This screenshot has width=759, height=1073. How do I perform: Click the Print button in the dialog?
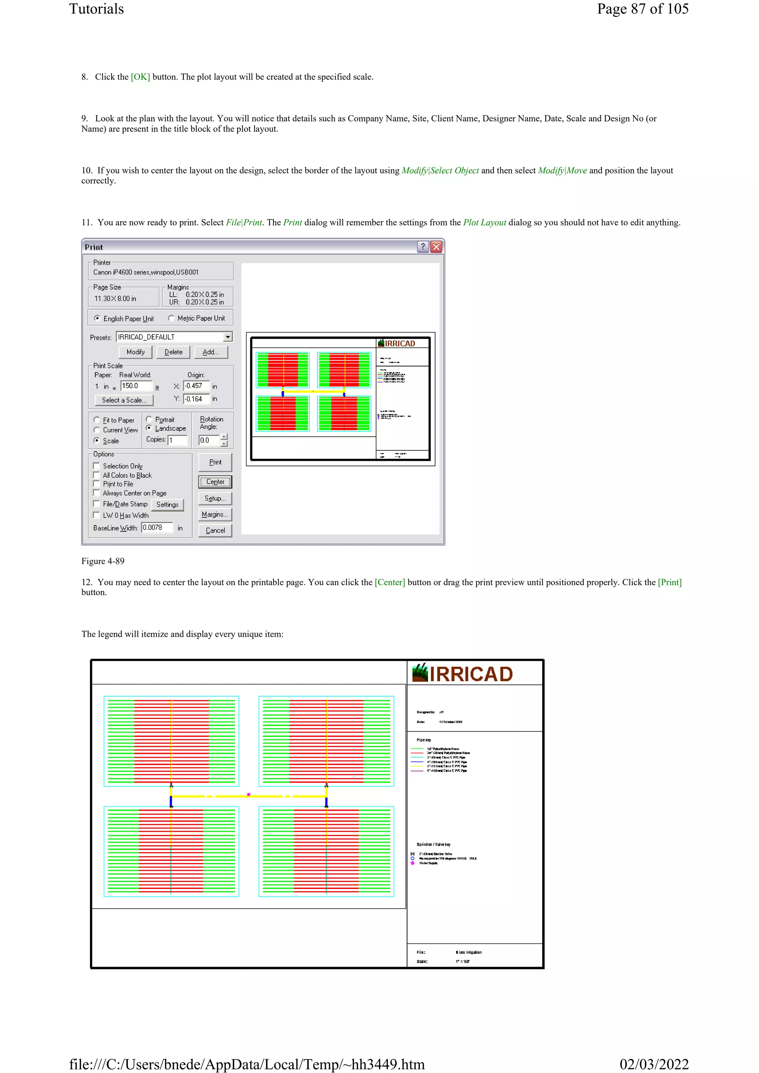coord(215,462)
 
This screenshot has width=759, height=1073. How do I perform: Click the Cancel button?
coord(215,530)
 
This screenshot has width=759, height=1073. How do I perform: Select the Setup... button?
coord(215,499)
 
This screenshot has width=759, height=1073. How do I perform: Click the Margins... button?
coord(215,514)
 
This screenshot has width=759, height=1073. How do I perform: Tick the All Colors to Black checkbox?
coord(97,475)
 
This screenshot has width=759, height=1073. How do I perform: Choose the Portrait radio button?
coord(149,419)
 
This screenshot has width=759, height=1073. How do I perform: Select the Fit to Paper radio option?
coord(97,420)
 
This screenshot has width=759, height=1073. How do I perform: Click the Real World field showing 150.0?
coord(136,386)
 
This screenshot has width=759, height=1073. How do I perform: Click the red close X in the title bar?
coord(436,247)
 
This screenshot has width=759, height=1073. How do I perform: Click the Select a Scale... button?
coord(124,400)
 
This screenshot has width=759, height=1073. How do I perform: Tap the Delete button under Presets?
coord(173,352)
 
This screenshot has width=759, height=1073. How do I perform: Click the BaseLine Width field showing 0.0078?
coord(157,528)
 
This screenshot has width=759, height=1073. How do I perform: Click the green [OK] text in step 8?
coord(140,77)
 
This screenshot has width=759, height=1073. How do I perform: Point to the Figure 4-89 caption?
coord(103,561)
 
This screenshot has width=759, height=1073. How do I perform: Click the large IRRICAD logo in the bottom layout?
coord(463,673)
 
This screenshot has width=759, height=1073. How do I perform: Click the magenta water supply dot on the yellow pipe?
coord(249,794)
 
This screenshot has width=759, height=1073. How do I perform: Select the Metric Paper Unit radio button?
coord(171,318)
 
